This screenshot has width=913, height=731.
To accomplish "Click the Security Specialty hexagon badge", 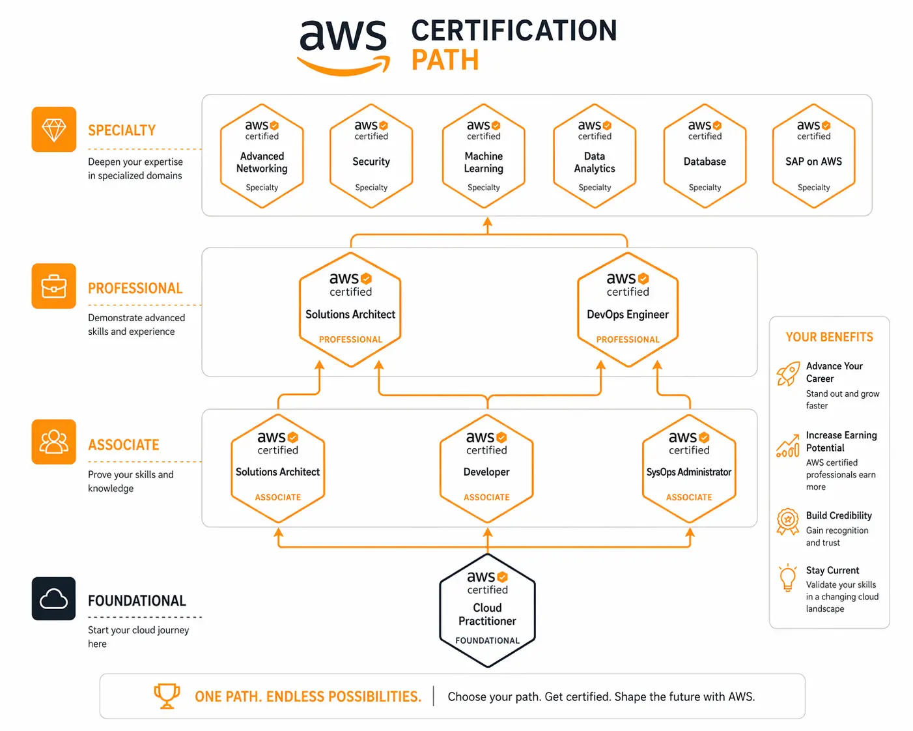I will coord(371,156).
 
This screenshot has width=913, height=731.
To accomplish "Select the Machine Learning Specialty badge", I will coord(483,156).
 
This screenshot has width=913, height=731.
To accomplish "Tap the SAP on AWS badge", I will coord(813,156).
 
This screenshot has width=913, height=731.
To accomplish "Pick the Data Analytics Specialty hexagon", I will coord(595,156).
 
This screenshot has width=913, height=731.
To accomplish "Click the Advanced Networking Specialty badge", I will coord(262,156).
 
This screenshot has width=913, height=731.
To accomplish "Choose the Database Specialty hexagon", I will coord(705,156).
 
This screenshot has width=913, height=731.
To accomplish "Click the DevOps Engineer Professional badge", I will coord(628,310).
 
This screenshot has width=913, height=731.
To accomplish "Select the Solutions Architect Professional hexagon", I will coord(350,310).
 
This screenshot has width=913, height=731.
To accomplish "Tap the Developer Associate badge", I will coord(486,468).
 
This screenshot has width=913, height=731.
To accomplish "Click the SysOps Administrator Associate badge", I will coord(689,468).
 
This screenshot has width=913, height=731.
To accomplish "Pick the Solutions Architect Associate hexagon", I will coord(278,468).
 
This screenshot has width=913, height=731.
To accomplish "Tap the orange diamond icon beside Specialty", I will coord(54,130).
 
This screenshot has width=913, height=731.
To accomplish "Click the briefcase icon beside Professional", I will coord(54,286).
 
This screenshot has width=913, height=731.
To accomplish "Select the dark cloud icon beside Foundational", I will coord(54,599).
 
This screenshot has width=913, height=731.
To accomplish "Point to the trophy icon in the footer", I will coord(167,696).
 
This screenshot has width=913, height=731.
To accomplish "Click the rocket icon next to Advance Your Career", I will coord(788,374).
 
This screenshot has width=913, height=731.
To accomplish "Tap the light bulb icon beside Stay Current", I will coord(788,577).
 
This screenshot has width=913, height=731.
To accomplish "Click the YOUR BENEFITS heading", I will coord(829,337).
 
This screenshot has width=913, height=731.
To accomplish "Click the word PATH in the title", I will coord(445,60).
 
